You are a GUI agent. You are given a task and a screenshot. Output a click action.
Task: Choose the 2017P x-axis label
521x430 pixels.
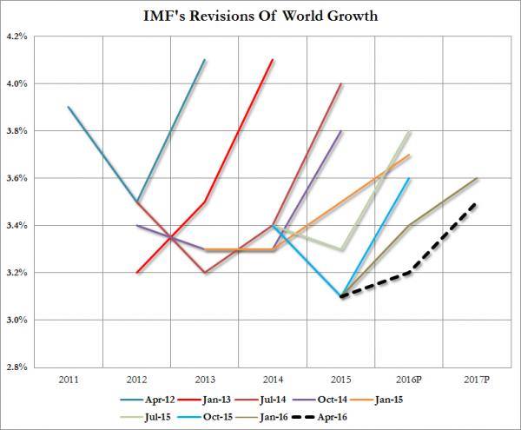tap(476, 380)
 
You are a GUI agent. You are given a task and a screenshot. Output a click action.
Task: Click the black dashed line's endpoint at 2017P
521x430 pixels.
tap(476, 202)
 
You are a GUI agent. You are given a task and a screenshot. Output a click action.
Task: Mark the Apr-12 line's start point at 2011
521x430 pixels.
tap(68, 107)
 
